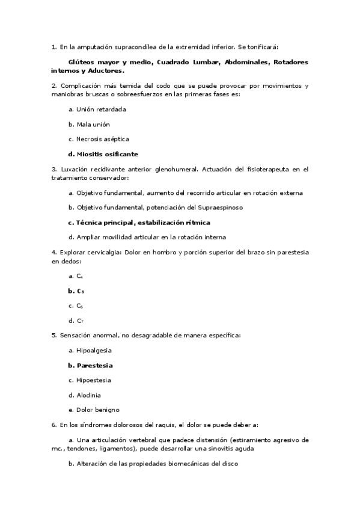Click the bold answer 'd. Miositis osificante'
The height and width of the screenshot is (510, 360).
(x=103, y=154)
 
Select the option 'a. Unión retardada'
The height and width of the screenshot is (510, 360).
(x=97, y=109)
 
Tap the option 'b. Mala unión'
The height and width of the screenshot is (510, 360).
(x=89, y=124)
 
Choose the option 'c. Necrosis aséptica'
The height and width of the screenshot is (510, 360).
(x=99, y=139)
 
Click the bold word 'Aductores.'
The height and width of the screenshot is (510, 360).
(x=106, y=70)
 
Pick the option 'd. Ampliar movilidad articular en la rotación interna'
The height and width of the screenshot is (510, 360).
(x=147, y=237)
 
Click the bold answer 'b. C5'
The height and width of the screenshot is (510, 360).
(x=76, y=290)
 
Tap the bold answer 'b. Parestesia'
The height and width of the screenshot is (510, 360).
(x=91, y=365)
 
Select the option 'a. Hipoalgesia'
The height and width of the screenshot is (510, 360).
(x=90, y=350)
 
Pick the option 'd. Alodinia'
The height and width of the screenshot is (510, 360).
(x=85, y=395)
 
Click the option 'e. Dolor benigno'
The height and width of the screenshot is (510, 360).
(x=94, y=410)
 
